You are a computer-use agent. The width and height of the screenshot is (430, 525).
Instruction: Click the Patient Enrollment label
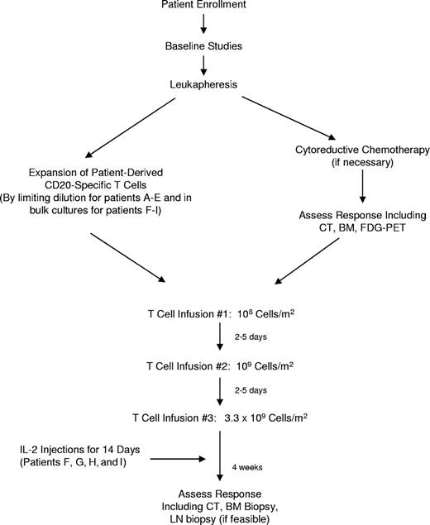coord(213,7)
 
